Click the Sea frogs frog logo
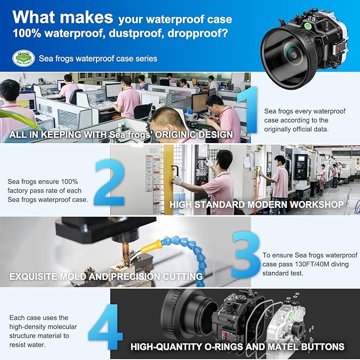point(24,58)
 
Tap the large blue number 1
point(249,110)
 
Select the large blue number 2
point(109,182)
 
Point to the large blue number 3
point(246,254)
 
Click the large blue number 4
point(106,327)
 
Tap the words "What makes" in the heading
point(63,17)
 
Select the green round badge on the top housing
point(308,26)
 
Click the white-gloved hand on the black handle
point(178,180)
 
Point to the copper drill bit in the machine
point(126,252)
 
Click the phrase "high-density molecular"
point(43,327)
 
